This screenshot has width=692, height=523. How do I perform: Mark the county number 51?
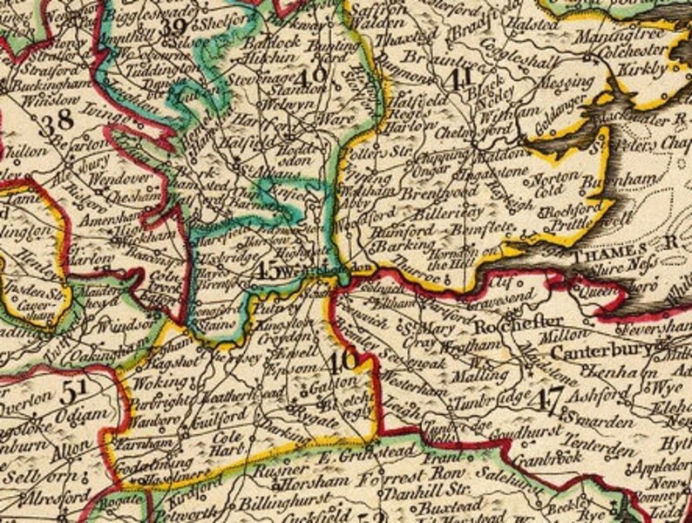pyautogui.click(x=73, y=393)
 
